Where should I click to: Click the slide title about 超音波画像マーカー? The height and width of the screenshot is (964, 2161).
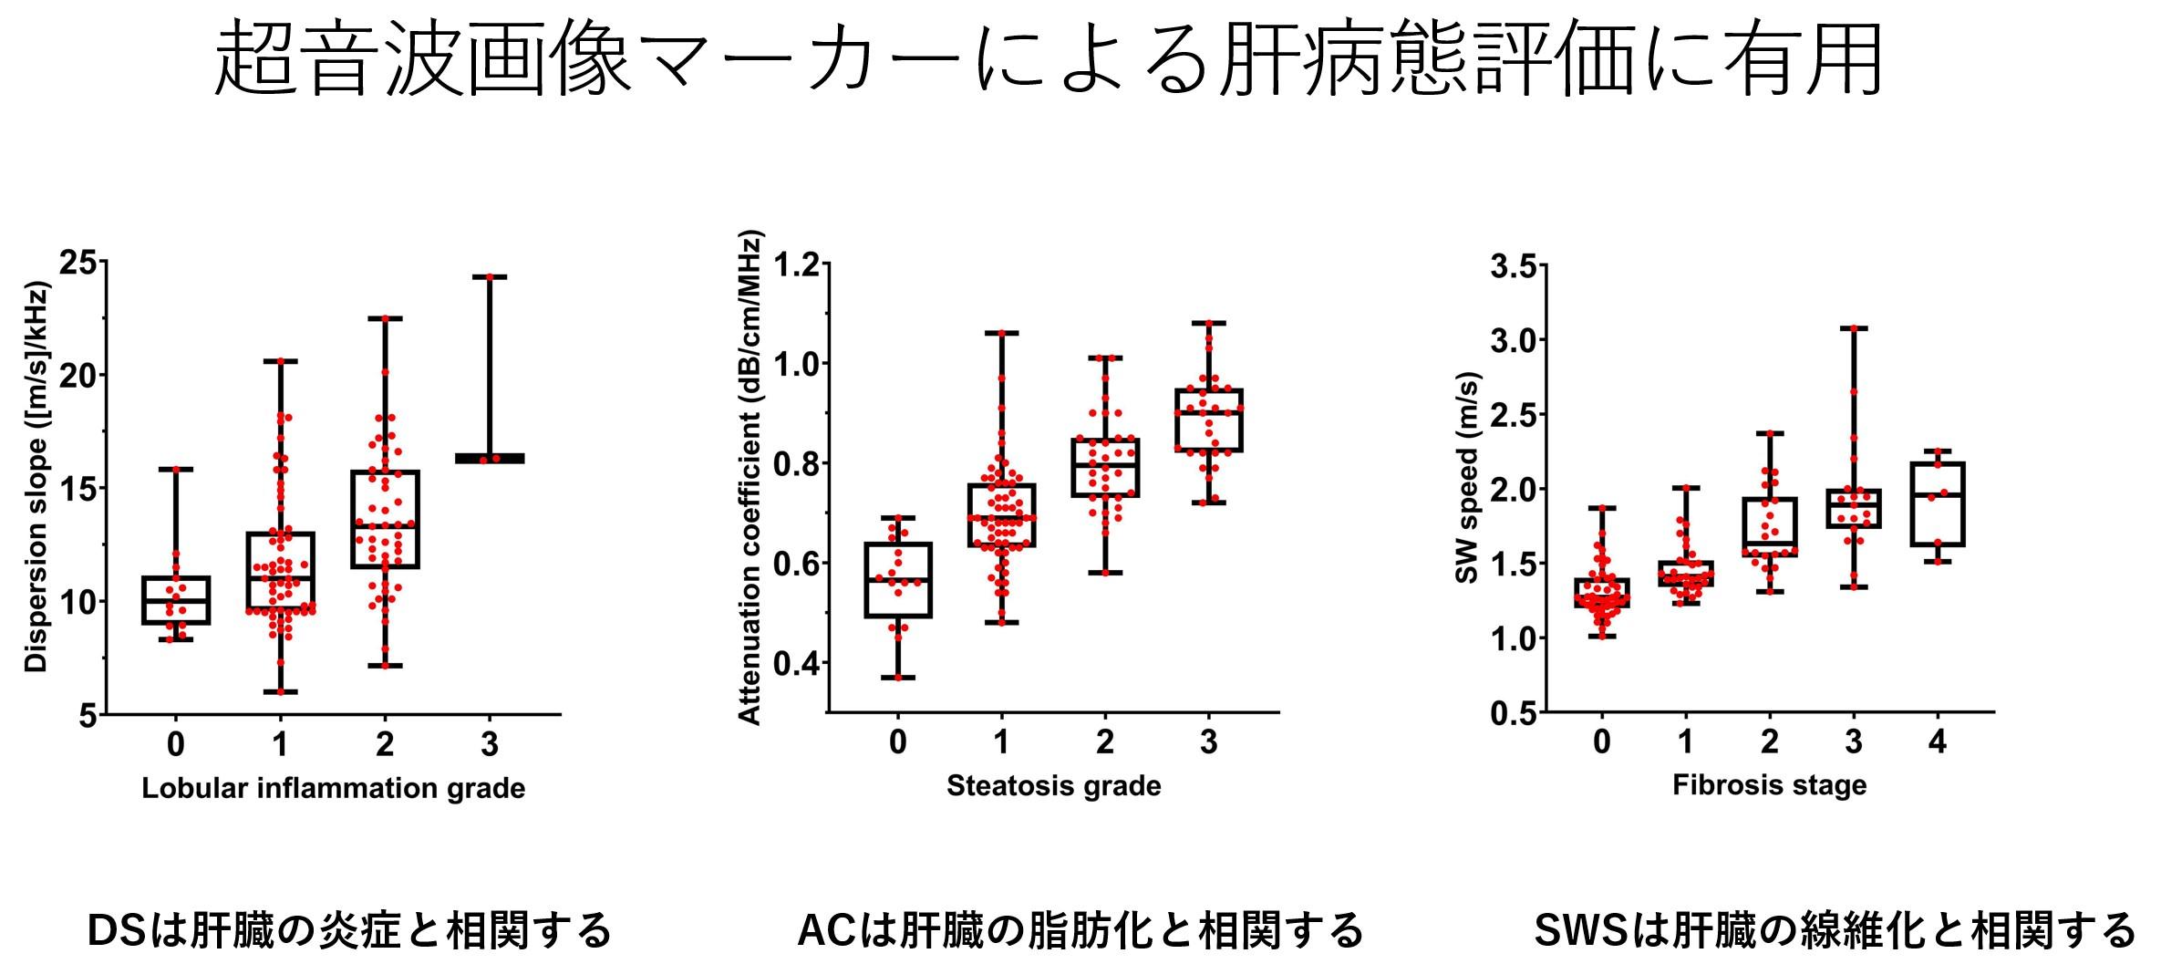[x=1049, y=61]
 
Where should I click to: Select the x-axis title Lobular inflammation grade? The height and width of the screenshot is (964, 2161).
[x=333, y=788]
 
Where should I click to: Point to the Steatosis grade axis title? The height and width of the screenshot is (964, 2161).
[x=1053, y=785]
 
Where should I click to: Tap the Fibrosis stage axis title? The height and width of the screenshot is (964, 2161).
[x=1769, y=784]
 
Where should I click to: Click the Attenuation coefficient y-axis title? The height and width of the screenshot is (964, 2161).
[x=750, y=482]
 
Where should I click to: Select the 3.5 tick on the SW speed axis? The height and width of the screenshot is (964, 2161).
[x=1512, y=267]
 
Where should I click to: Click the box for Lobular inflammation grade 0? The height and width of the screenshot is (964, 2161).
[x=177, y=600]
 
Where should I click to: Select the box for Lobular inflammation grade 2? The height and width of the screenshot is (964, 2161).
[x=385, y=519]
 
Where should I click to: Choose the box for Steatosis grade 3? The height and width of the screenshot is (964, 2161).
[x=1209, y=420]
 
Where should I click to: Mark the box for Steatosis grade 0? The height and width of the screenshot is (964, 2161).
[x=898, y=580]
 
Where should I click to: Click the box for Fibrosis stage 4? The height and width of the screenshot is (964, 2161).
[x=1937, y=504]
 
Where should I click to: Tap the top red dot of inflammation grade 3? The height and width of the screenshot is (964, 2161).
[x=490, y=276]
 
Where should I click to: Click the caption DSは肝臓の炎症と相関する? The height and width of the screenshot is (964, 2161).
[x=348, y=931]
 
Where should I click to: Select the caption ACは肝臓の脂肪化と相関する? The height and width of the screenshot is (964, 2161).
[x=1080, y=931]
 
